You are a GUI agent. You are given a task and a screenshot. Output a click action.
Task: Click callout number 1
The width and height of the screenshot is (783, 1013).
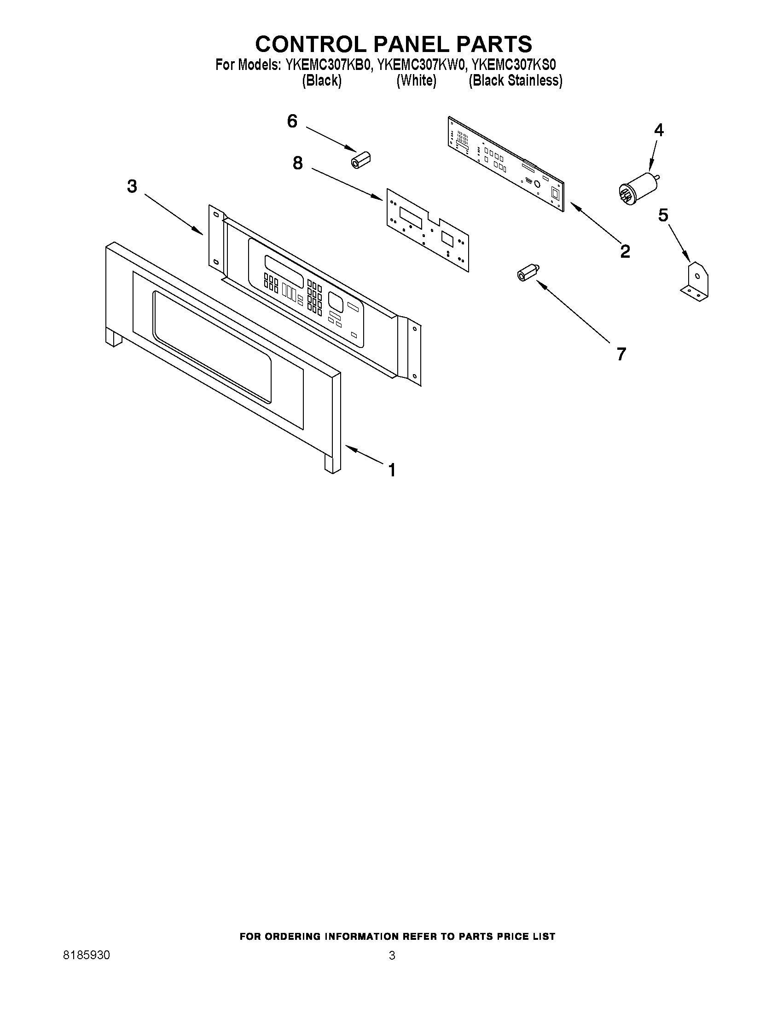point(392,470)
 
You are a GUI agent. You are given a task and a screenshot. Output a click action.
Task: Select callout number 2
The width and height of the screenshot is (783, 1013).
point(625,251)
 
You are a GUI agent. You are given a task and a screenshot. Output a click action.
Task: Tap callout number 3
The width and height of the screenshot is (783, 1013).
point(132,186)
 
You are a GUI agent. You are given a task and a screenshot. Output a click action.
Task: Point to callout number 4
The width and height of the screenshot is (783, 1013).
point(658,130)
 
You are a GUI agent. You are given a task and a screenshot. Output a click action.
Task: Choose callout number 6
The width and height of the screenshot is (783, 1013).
point(292,121)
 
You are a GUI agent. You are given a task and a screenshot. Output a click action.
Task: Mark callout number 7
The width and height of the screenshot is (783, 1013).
point(621,354)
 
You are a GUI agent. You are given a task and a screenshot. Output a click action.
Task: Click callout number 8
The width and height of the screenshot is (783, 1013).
point(297,163)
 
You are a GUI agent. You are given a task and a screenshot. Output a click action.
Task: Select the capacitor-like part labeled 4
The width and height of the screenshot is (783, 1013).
point(638,187)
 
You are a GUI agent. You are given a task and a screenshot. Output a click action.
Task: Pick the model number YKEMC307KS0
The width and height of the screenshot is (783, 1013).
point(514,65)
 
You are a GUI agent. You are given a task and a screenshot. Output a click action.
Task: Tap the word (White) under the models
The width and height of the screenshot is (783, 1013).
point(416,81)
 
